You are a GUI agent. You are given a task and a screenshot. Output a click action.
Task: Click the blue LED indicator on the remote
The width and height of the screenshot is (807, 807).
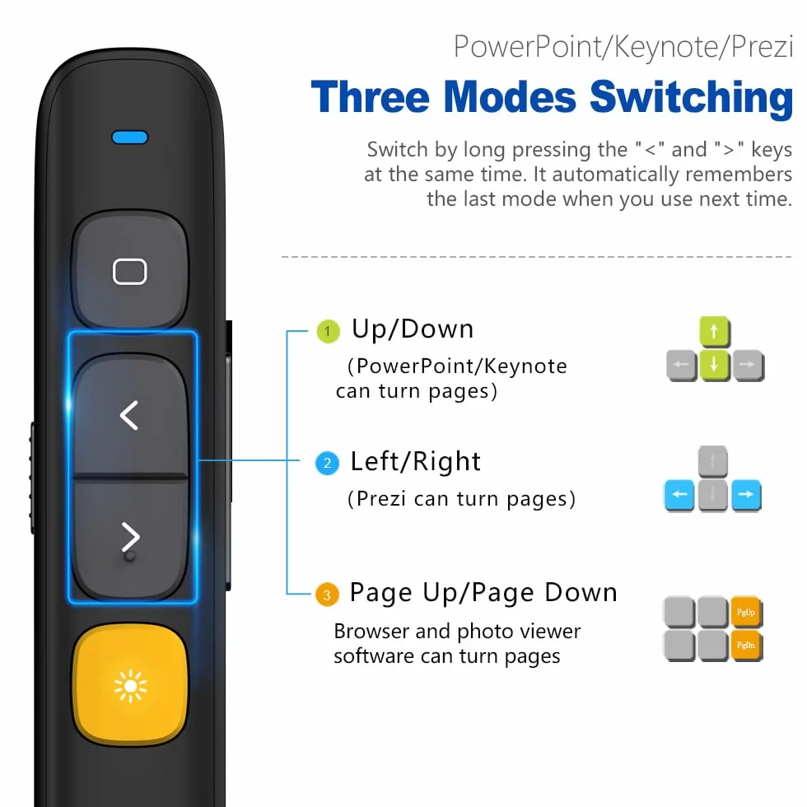click(130, 138)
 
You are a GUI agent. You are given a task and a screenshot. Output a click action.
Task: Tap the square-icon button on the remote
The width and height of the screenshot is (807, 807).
click(130, 270)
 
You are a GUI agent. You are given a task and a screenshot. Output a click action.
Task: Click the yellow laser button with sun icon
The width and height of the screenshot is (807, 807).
click(130, 685)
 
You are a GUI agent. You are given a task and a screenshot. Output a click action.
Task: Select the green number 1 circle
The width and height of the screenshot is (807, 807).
click(328, 331)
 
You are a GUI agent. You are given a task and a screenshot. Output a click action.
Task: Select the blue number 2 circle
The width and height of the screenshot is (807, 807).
click(328, 463)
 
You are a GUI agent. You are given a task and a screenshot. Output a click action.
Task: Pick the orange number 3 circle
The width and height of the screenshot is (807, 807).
click(327, 595)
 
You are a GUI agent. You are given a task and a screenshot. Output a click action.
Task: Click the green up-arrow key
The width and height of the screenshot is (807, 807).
click(714, 332)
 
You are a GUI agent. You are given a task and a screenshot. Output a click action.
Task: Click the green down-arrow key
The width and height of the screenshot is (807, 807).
click(714, 365)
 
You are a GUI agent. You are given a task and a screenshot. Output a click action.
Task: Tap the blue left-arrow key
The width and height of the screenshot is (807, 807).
click(679, 495)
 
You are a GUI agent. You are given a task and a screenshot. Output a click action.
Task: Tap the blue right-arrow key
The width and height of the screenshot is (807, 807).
click(746, 495)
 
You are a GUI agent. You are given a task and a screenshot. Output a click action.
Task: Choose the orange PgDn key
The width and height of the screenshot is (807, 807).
click(746, 646)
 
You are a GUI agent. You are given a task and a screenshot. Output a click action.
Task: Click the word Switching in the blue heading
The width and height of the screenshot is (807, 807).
click(691, 98)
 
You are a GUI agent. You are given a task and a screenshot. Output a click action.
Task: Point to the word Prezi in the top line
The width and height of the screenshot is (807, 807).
click(762, 47)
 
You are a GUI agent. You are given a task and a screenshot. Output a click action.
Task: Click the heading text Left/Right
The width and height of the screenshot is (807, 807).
click(415, 461)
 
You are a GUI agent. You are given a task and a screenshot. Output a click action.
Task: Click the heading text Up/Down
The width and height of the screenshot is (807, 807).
click(413, 329)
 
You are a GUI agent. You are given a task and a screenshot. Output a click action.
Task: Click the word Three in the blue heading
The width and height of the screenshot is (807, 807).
click(370, 97)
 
